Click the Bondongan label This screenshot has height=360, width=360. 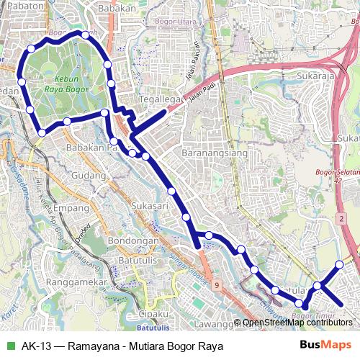click(132, 240)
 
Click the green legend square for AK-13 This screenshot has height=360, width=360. click(9, 346)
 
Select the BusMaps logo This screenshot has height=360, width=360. click(325, 346)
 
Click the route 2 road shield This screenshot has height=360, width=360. click(341, 217)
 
